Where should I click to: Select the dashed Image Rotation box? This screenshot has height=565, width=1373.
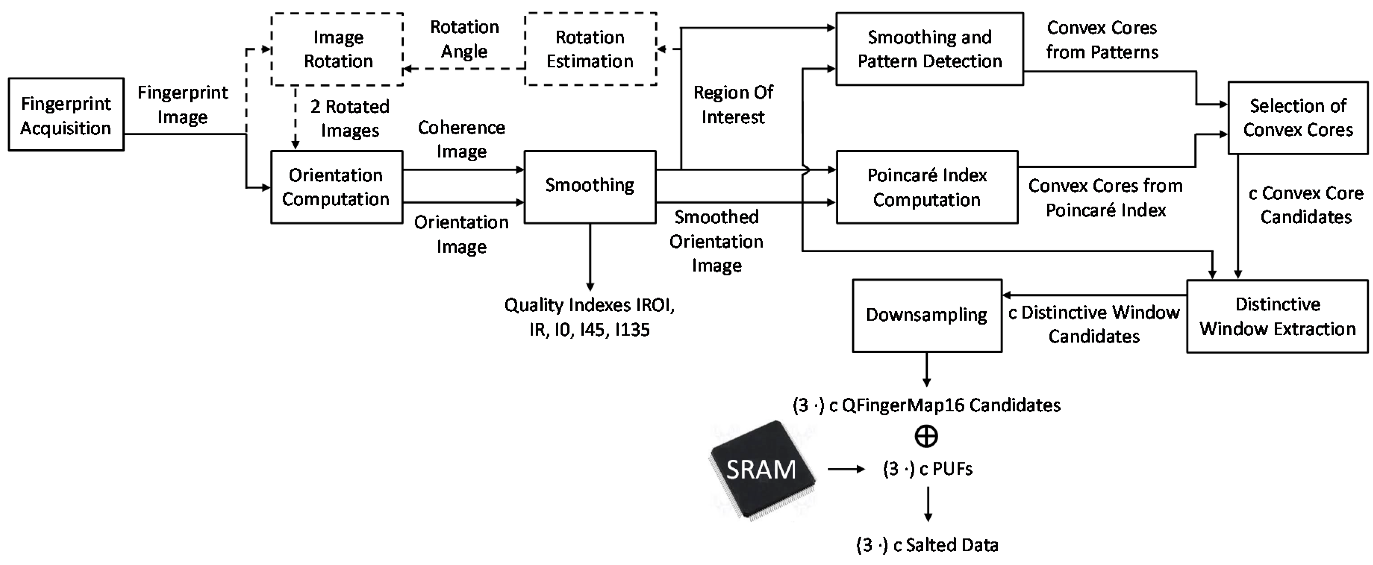[337, 49]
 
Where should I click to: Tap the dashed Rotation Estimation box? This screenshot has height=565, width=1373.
[590, 49]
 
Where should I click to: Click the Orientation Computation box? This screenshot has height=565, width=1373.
[336, 187]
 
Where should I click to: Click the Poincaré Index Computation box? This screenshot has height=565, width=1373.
[927, 187]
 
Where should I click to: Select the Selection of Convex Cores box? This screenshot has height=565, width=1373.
[1298, 118]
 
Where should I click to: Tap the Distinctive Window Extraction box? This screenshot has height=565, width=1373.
[1277, 316]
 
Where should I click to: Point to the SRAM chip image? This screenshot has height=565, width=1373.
[762, 469]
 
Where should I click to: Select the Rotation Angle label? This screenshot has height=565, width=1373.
[464, 39]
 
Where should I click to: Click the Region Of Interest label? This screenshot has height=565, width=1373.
[733, 104]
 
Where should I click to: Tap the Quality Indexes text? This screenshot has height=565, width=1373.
[590, 317]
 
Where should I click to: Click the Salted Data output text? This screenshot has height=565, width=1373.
[927, 545]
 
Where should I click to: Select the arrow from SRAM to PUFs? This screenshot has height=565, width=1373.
[846, 469]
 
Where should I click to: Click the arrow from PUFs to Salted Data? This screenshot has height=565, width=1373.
[928, 504]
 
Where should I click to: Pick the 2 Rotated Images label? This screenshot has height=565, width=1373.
[350, 118]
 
